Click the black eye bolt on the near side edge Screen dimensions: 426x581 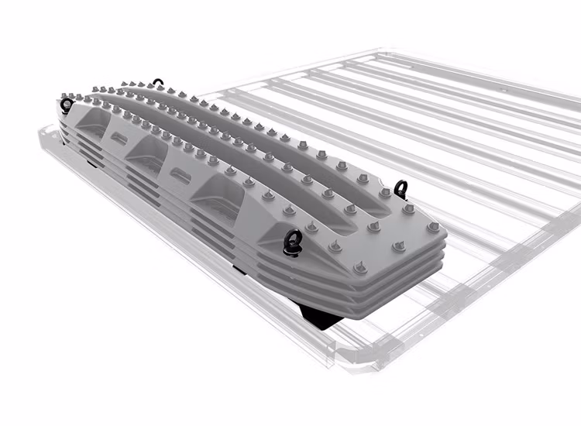294,242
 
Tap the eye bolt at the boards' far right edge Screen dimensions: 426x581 401,187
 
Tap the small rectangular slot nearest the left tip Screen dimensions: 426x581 119,139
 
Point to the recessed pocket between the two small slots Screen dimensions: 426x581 149,152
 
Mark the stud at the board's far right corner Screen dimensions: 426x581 433,227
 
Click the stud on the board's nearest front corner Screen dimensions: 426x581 361,268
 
